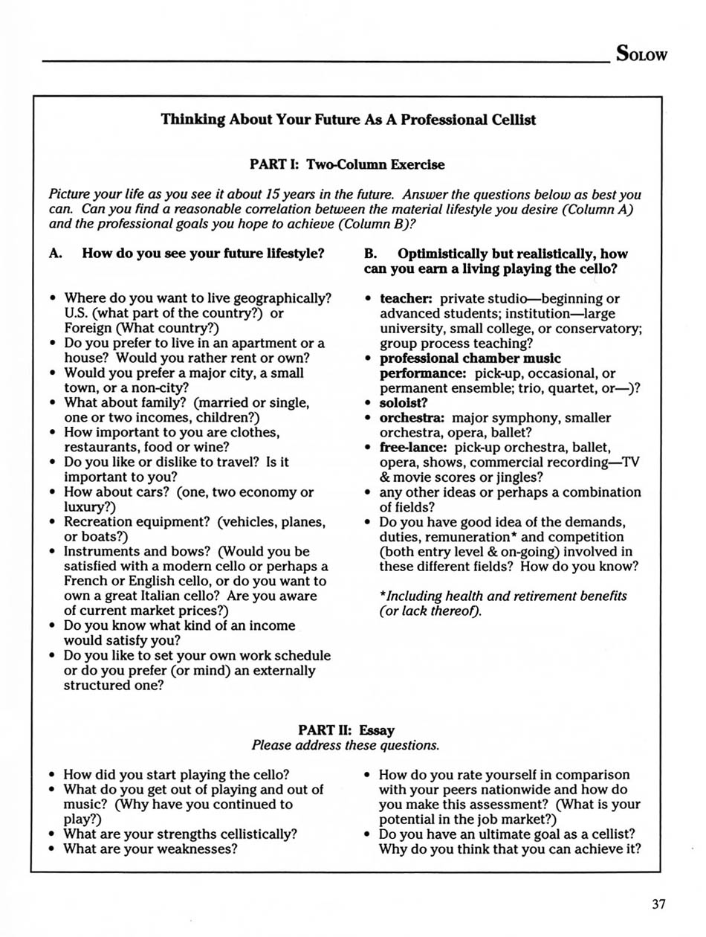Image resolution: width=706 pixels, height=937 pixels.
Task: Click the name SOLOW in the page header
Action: tap(641, 54)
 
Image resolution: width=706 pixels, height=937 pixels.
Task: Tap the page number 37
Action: tap(658, 904)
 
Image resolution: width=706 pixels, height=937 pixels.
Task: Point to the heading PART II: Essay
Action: tap(347, 731)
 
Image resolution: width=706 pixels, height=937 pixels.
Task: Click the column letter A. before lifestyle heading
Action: tap(55, 253)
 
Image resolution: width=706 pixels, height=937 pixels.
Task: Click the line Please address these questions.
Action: tap(346, 745)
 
